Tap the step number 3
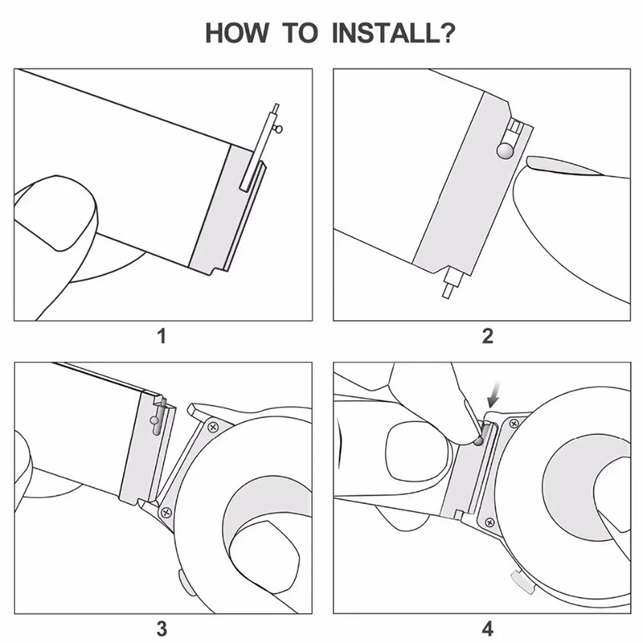click(162, 628)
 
